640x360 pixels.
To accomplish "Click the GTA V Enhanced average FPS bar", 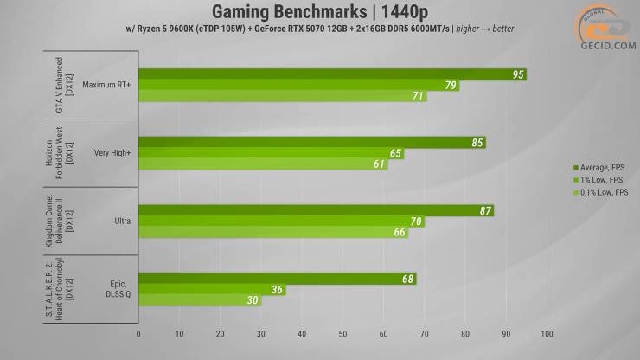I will point(329,74).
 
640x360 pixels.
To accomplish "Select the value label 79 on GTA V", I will point(450,86).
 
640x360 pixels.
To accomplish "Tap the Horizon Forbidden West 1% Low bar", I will point(268,153).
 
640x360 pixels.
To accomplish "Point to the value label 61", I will point(380,164).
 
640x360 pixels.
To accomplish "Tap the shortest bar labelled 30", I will point(199,301).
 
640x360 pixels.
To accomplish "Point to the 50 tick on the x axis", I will point(342,333).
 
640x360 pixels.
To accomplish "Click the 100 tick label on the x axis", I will point(547,333).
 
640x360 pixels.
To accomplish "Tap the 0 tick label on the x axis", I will point(138,333).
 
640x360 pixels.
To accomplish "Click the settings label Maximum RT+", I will point(107,86).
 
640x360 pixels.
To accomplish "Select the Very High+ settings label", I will point(112,153).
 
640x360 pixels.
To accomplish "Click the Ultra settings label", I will point(122,222).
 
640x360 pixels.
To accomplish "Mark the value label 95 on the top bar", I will point(518,74).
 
